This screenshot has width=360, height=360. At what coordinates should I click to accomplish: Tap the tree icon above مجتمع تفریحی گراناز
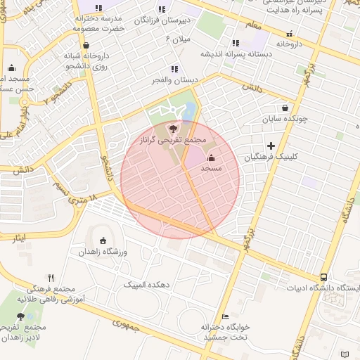pos(174,129)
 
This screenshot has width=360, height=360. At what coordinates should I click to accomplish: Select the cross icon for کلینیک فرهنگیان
pos(271,146)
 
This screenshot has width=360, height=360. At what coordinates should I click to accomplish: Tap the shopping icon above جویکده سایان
pos(284,108)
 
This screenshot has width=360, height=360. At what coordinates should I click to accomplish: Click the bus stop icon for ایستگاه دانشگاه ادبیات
pos(323,277)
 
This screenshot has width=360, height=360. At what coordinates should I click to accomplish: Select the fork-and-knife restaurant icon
pos(50,278)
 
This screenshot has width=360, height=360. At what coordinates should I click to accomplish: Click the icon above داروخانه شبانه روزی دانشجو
pos(86,44)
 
